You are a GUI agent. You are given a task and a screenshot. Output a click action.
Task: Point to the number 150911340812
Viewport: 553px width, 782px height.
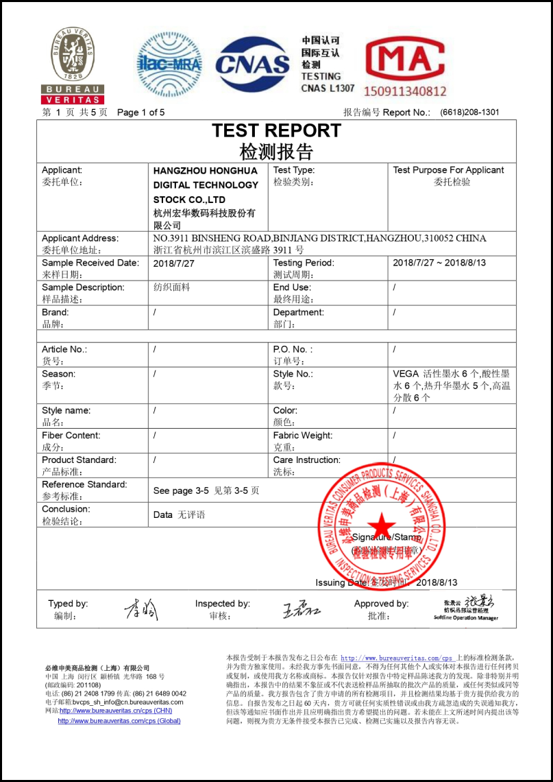click(x=404, y=91)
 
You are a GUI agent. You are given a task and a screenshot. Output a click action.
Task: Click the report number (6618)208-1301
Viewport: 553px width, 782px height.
click(x=469, y=112)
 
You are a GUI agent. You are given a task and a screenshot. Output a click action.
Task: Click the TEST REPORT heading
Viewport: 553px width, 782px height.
click(x=276, y=130)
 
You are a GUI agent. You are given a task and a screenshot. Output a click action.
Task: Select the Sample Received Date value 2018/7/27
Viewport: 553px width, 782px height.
click(x=174, y=263)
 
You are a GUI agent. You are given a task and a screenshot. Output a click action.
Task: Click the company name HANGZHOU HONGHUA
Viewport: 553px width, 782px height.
click(x=206, y=170)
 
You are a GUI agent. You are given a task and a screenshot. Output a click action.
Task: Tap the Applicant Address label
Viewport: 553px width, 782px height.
click(x=80, y=238)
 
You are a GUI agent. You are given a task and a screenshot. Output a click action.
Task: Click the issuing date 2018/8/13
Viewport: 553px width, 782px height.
click(x=437, y=582)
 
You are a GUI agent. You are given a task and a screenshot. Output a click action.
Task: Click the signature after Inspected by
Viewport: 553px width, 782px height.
click(x=302, y=609)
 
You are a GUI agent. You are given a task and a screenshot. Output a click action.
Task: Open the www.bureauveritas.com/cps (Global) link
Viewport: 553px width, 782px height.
click(x=119, y=721)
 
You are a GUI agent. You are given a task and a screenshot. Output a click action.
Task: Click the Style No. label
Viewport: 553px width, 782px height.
click(x=293, y=374)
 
